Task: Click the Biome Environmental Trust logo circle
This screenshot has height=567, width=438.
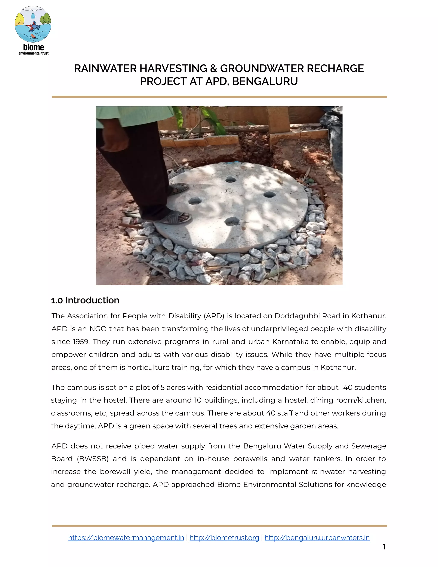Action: coord(33,24)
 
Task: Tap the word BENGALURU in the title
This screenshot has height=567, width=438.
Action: coord(265,82)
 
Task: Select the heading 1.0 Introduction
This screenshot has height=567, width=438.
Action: coord(85,300)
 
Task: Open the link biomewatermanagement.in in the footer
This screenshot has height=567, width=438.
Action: coord(126,537)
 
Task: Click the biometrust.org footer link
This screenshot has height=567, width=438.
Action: coord(224,537)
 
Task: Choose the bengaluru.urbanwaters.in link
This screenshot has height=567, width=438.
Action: coord(317,537)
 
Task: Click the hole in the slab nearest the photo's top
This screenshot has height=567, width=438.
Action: coord(230,179)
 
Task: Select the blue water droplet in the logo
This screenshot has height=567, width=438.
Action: coord(33,16)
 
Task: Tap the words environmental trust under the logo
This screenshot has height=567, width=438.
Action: coord(34,53)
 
